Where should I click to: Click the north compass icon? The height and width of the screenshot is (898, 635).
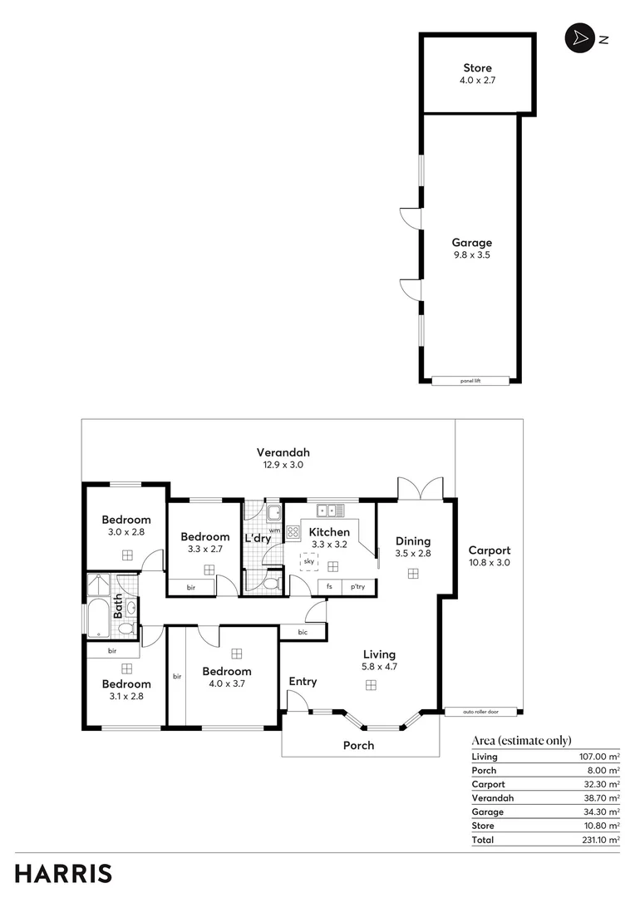[x=577, y=38]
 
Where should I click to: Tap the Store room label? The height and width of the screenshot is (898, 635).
[x=477, y=67]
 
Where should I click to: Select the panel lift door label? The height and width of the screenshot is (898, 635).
[x=471, y=381]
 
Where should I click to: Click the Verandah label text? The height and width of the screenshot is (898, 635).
[x=278, y=452]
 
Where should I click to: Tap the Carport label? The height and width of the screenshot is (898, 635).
[x=489, y=550]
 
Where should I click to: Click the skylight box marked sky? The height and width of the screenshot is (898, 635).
[x=309, y=562]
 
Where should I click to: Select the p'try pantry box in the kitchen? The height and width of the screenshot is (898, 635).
[x=358, y=587]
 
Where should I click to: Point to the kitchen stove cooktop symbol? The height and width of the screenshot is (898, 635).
[x=293, y=532]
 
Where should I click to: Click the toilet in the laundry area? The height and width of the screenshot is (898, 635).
[x=268, y=584]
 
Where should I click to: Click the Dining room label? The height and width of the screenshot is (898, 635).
[x=412, y=540]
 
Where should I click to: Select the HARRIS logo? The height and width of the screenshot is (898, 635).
[x=63, y=873]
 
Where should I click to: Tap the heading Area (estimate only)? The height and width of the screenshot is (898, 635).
[x=521, y=741]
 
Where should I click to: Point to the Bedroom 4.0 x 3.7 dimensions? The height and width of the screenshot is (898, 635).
[x=226, y=683]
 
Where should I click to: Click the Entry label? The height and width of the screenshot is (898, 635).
[x=303, y=682]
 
